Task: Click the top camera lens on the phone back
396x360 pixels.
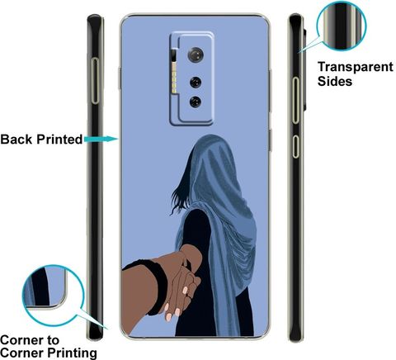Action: [x=196, y=54]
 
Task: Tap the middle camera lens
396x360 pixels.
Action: [x=196, y=82]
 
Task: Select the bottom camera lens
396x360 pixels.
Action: [x=196, y=102]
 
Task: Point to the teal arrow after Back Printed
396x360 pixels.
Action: [x=101, y=139]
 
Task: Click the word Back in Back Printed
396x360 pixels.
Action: [x=16, y=140]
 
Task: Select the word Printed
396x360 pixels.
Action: [x=59, y=140]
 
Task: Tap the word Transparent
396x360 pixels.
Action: [x=356, y=67]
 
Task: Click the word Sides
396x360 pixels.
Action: [x=335, y=81]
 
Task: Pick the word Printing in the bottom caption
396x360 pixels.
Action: [x=72, y=353]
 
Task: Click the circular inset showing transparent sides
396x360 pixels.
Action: [x=342, y=26]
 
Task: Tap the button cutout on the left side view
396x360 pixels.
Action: [x=95, y=81]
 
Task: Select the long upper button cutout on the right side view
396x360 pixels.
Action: [x=295, y=100]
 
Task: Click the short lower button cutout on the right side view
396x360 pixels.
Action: [x=295, y=146]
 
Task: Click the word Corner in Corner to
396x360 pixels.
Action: [x=21, y=340]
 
